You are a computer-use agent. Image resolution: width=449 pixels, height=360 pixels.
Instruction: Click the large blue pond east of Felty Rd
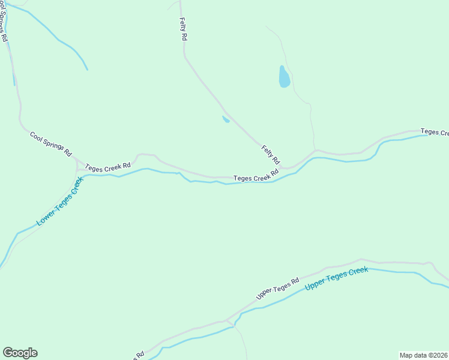coord(284,77)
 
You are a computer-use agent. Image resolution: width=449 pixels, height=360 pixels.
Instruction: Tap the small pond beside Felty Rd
coord(226,119)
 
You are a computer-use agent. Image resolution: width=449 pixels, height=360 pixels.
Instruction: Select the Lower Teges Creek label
coord(59,206)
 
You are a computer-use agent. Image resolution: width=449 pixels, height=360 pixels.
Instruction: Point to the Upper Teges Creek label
coord(336,278)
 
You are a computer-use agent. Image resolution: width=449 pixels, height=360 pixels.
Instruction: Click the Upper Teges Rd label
coord(277,289)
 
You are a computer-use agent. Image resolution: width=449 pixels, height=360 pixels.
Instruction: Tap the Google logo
coord(20,353)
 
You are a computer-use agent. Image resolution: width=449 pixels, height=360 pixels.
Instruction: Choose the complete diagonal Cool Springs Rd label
coord(51,144)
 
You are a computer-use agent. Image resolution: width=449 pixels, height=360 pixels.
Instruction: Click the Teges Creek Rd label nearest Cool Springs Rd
coord(108,166)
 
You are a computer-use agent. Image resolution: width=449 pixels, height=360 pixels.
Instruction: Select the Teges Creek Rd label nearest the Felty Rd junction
coord(256,176)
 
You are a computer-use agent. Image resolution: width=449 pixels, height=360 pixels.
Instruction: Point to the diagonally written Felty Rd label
coord(270,155)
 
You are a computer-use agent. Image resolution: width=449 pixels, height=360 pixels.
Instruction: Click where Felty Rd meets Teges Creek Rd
coord(287,168)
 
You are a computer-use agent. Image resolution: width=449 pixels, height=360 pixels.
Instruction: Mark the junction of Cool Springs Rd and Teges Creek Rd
coord(77,161)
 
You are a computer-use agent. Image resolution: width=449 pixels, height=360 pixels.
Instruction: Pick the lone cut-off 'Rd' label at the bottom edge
coord(139,355)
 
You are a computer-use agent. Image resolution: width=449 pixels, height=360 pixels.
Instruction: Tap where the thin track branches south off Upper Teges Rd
coord(229,320)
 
